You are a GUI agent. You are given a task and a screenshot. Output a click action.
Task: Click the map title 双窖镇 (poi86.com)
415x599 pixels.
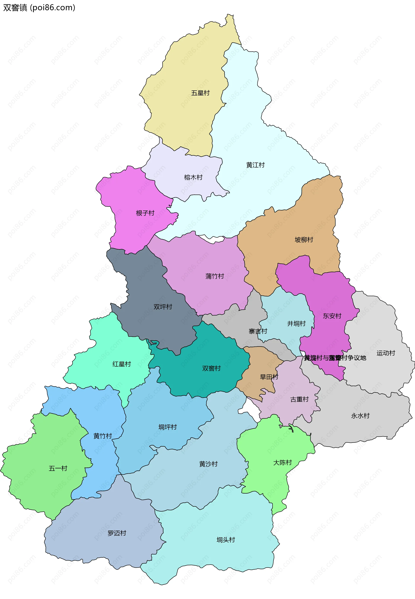click(x=39, y=8)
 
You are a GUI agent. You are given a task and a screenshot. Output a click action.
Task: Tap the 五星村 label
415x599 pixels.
click(x=200, y=93)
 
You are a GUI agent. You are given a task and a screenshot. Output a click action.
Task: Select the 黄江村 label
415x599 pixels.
click(x=255, y=165)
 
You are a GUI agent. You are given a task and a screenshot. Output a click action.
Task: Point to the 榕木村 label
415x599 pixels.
click(x=193, y=177)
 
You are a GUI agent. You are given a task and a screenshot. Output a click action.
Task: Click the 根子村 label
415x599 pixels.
click(x=145, y=213)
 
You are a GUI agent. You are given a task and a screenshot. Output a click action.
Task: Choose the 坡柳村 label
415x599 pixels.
click(x=304, y=240)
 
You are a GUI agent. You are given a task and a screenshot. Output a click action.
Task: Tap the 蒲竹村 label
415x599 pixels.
click(x=214, y=276)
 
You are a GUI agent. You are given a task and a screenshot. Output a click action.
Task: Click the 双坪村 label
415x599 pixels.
click(x=163, y=307)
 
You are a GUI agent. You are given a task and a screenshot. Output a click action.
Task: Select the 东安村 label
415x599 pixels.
click(x=332, y=316)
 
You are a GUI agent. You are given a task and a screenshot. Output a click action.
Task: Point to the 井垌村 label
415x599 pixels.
click(x=296, y=324)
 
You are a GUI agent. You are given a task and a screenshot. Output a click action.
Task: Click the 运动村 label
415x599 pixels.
click(x=386, y=353)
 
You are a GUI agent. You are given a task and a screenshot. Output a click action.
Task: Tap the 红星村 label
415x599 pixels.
click(x=121, y=364)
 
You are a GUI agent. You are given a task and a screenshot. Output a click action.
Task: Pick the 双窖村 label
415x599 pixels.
click(x=211, y=368)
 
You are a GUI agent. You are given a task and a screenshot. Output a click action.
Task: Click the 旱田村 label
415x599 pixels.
click(x=269, y=377)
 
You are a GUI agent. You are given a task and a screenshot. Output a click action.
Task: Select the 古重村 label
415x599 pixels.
click(x=299, y=399)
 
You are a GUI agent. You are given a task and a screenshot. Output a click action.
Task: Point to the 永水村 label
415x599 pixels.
click(x=360, y=416)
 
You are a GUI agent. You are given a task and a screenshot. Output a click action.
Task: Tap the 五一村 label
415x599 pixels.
click(x=58, y=468)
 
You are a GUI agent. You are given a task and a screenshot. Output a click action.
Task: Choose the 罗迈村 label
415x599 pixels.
click(x=117, y=533)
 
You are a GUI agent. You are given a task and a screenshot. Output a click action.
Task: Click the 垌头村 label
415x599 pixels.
click(x=225, y=540)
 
